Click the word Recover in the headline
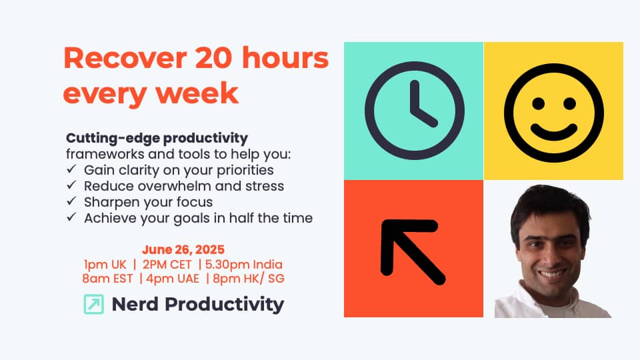(125, 58)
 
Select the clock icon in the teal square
(414, 111)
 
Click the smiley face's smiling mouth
(554, 131)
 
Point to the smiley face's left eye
(539, 103)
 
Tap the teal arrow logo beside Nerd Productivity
(94, 304)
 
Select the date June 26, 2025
(183, 249)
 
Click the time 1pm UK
(105, 265)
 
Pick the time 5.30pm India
(244, 265)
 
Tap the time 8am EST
(107, 279)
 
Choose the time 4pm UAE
(173, 279)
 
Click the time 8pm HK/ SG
(249, 279)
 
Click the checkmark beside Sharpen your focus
(71, 201)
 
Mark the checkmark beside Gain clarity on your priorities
(71, 169)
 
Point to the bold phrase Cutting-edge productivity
(157, 139)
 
